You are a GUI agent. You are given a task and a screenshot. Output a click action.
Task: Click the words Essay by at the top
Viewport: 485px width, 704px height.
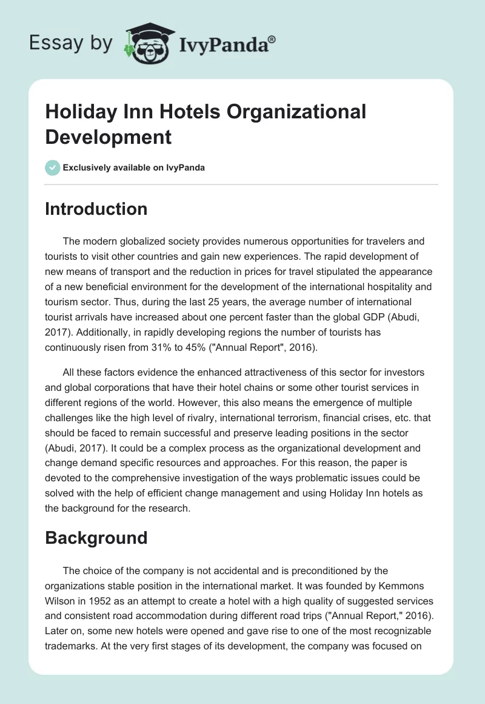pos(70,43)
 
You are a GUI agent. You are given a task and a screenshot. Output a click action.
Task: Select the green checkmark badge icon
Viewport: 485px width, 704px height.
pos(53,168)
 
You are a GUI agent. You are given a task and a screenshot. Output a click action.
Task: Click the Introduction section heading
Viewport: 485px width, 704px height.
pos(96,209)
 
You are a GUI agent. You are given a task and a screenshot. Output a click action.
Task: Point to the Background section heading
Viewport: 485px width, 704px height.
pos(96,538)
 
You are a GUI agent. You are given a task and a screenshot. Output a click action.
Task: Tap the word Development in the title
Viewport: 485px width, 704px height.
pos(109,137)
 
